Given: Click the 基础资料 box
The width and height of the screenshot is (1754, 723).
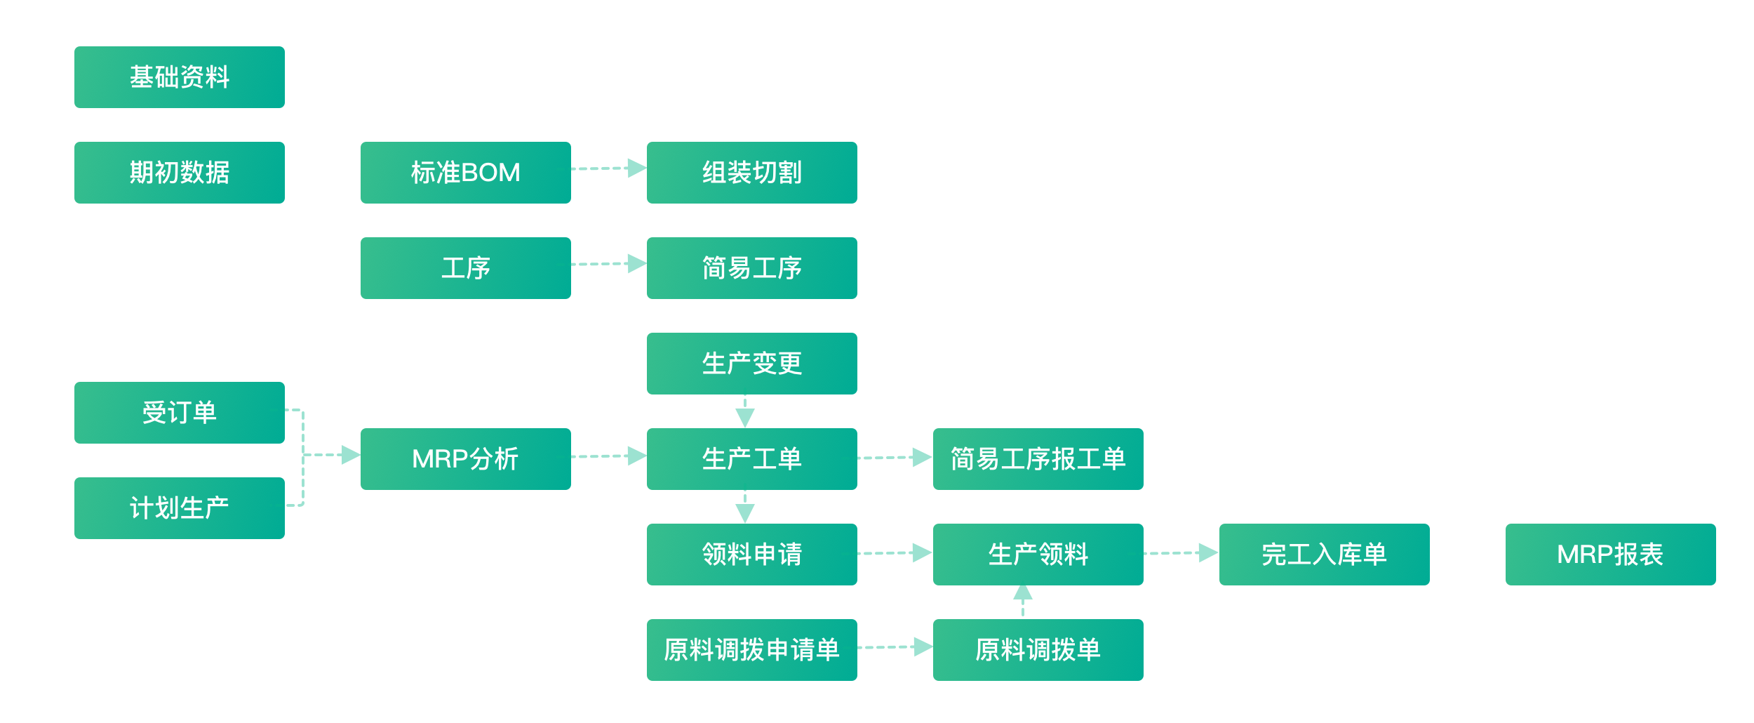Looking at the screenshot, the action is coord(180,77).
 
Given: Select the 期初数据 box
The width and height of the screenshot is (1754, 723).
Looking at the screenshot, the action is coord(180,173).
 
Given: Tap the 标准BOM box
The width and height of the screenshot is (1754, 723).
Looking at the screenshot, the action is coord(466,173).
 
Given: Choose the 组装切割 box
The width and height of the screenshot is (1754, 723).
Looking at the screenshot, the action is coord(752,173).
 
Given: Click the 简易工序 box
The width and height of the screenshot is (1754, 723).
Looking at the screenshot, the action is coord(752,268).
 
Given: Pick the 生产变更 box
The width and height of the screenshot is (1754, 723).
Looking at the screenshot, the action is coord(752,364).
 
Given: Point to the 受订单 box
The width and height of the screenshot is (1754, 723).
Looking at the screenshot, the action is coord(180,413).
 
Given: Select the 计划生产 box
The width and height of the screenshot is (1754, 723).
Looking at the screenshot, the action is coord(180,508).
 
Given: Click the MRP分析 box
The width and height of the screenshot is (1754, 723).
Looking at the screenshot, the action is coord(466,459).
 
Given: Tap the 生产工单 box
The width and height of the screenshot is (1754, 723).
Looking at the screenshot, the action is coord(752,459).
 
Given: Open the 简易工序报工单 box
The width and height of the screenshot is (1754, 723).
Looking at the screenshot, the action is coord(1038,459).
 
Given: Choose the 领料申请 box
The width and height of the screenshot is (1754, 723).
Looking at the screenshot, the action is coord(752,555).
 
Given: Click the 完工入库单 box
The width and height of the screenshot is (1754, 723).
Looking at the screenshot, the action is coord(1325,555).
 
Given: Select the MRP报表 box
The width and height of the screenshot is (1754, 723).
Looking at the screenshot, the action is coord(1611,555).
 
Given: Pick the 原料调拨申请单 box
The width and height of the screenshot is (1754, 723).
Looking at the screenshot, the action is coord(752,650).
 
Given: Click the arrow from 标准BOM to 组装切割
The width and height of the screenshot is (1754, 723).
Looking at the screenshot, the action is coord(609,168).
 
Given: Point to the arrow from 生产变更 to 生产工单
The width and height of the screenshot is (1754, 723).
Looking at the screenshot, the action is coord(745,411).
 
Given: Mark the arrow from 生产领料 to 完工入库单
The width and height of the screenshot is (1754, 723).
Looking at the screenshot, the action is coord(1181,553).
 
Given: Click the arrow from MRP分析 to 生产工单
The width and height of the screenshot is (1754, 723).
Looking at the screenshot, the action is coord(609,456).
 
